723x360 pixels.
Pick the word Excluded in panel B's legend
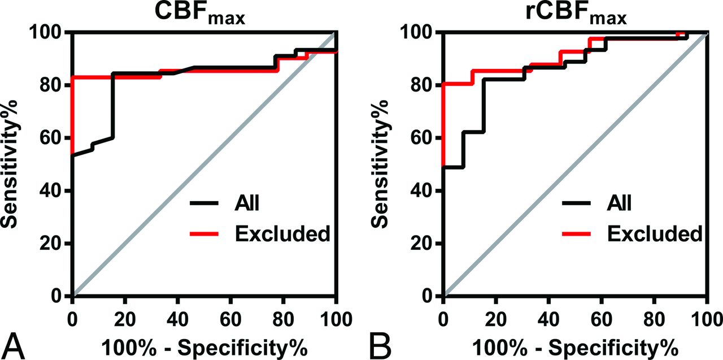pos(656,233)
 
